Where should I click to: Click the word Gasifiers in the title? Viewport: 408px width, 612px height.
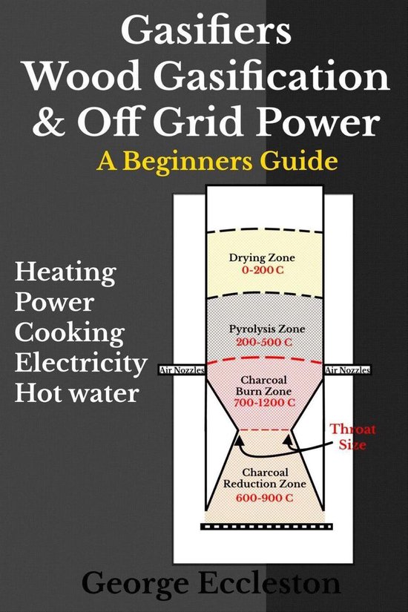tap(203, 33)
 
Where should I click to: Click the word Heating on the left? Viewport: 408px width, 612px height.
tap(65, 273)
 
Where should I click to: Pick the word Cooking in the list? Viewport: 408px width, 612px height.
tap(70, 332)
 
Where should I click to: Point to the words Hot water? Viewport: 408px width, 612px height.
tap(77, 392)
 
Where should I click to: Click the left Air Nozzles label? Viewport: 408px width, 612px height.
tap(182, 369)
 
